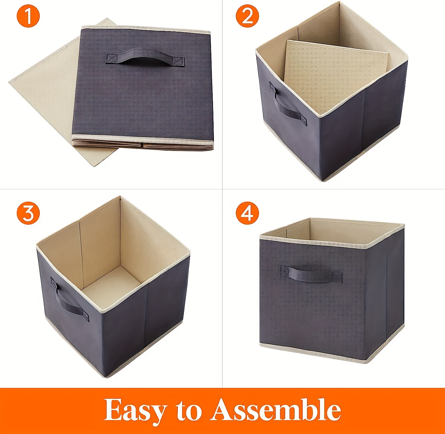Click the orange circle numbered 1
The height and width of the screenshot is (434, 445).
coord(28,16)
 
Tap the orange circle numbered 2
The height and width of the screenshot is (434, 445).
coord(247,16)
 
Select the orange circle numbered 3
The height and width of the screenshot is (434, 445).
coord(28,213)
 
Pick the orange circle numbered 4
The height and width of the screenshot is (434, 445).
coord(247,213)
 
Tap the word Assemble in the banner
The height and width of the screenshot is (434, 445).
coord(276,410)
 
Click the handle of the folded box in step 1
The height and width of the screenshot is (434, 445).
coord(145,57)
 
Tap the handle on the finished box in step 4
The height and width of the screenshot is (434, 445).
coord(311,274)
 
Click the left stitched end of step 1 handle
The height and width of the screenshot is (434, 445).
coord(112,58)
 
